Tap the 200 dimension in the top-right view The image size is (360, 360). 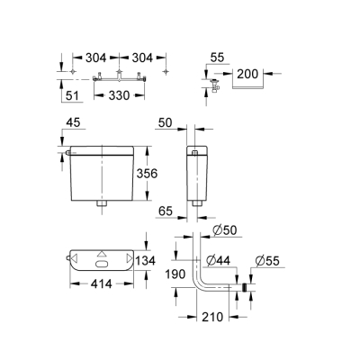247,74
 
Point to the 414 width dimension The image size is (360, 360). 100,286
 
